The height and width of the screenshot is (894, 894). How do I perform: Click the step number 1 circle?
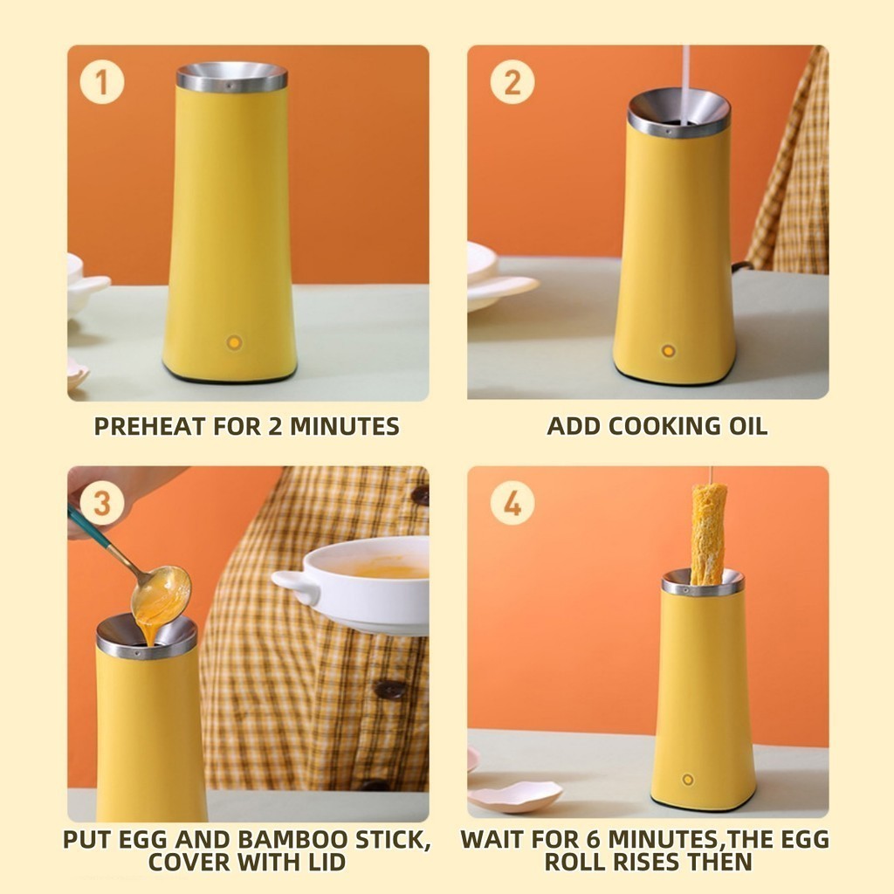102,82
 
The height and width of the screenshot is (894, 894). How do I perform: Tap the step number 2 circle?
512,82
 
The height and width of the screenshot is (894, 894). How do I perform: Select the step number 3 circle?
102,503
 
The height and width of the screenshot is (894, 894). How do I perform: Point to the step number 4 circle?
512,503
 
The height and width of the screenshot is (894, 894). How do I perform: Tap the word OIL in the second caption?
748,426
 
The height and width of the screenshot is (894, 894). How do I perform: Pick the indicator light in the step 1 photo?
234,342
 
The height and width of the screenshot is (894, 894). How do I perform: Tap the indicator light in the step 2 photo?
668,350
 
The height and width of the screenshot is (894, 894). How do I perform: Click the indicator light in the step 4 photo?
688,780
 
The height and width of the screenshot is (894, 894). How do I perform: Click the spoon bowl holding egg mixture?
161,594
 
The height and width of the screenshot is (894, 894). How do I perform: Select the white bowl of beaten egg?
353,584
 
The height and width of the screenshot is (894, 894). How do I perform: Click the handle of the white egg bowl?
294,585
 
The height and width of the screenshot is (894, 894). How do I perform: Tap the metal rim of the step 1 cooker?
231,78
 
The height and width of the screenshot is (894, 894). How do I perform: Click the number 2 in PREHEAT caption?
275,426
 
